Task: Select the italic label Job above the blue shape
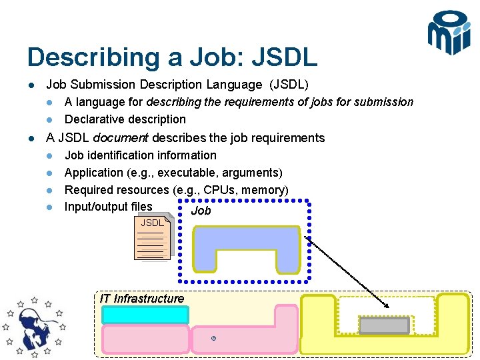click(201, 211)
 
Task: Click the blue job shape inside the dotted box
click(245, 240)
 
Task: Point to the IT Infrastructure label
click(141, 298)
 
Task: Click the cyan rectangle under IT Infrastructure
click(145, 315)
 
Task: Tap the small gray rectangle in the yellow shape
click(384, 325)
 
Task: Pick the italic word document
click(121, 138)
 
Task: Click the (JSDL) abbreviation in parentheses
click(288, 85)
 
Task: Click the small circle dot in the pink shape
click(213, 339)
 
